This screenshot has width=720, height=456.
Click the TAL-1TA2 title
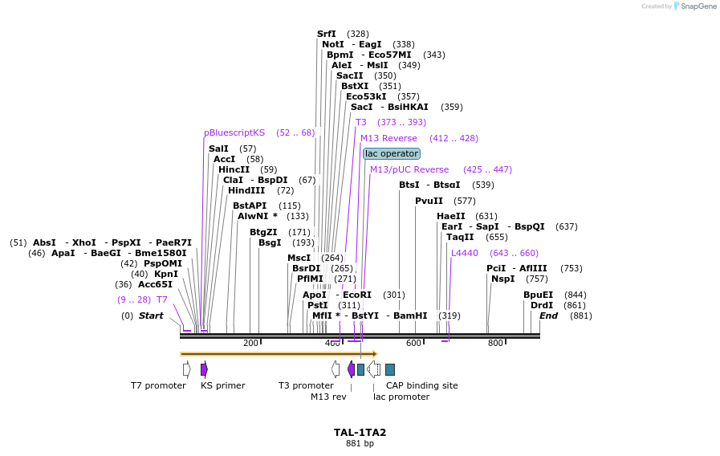click(360, 432)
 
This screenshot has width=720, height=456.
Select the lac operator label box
click(391, 153)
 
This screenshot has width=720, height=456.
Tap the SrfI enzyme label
click(327, 34)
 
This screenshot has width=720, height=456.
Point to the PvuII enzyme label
click(429, 201)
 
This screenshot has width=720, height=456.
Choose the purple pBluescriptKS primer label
click(234, 132)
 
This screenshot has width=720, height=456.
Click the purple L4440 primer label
click(464, 253)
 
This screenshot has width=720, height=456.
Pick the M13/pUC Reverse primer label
click(409, 169)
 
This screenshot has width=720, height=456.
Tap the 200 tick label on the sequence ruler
click(250, 344)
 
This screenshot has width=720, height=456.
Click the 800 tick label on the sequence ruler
click(495, 344)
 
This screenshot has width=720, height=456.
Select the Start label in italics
click(151, 316)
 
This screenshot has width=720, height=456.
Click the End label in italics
click(548, 316)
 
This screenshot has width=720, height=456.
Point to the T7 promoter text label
click(158, 385)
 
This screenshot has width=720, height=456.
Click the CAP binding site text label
click(421, 385)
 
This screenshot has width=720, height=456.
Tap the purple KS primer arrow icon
click(204, 368)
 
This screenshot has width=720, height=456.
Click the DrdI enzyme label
click(542, 305)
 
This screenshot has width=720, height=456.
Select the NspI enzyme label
click(502, 279)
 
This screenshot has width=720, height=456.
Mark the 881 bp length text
click(360, 443)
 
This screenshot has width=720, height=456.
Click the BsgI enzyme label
click(270, 242)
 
